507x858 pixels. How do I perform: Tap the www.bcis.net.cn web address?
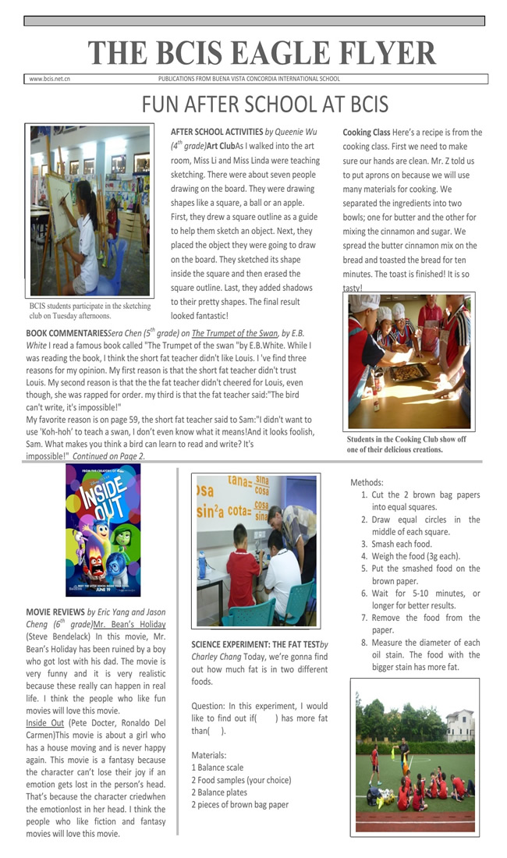(49, 79)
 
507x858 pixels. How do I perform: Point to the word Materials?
(210, 755)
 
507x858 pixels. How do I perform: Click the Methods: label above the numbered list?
(367, 483)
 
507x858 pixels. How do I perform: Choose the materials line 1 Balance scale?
(218, 768)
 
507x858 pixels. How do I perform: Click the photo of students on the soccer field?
(414, 757)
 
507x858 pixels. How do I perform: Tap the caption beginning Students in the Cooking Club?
(406, 444)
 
